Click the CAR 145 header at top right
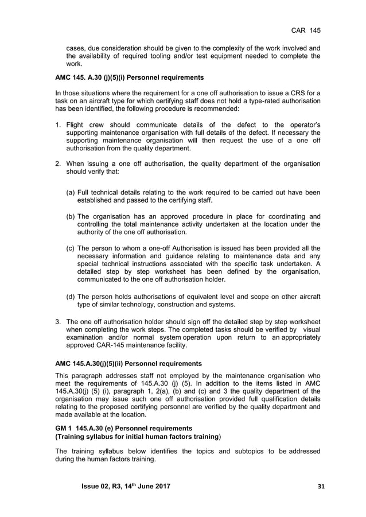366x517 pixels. pyautogui.click(x=306, y=29)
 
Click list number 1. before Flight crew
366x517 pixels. pyautogui.click(x=58, y=125)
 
